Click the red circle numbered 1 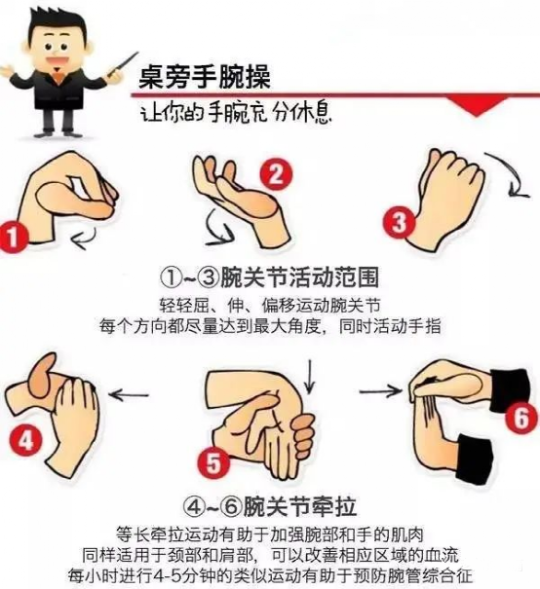pos(12,238)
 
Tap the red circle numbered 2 pos(277,174)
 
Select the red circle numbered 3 pos(399,222)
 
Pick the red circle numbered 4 pos(26,441)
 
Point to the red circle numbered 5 pos(213,462)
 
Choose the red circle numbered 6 pos(521,418)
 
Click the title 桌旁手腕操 pos(205,78)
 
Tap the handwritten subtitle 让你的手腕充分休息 pos(237,112)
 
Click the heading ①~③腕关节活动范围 pos(269,278)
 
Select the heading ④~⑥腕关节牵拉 pos(270,507)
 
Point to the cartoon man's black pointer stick pos(122,64)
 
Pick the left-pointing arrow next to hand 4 pos(129,394)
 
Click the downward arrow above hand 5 pos(310,377)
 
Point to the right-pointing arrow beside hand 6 pos(380,391)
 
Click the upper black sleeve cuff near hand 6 pos(511,389)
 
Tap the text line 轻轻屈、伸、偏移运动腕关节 pos(270,305)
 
